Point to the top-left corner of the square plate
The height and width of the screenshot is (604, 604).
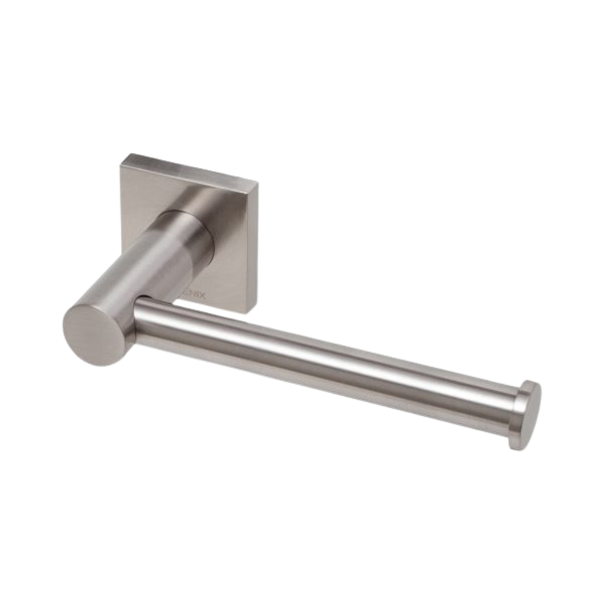(123, 155)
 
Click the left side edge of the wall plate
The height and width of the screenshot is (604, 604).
(121, 199)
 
